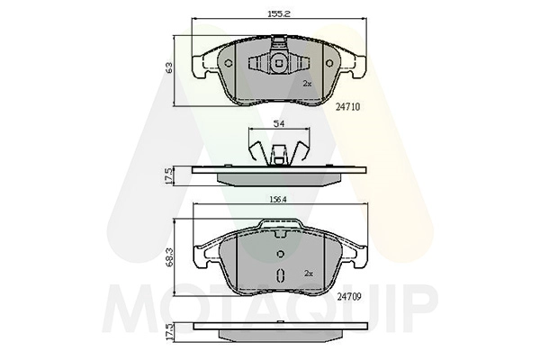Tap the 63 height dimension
tap(169, 67)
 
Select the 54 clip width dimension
tap(279, 124)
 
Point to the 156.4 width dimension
tap(277, 199)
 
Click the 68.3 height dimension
tap(169, 258)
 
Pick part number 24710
tap(347, 107)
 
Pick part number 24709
tap(349, 297)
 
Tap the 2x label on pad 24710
tap(307, 84)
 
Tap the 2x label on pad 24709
tap(309, 274)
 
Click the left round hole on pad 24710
tap(229, 63)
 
